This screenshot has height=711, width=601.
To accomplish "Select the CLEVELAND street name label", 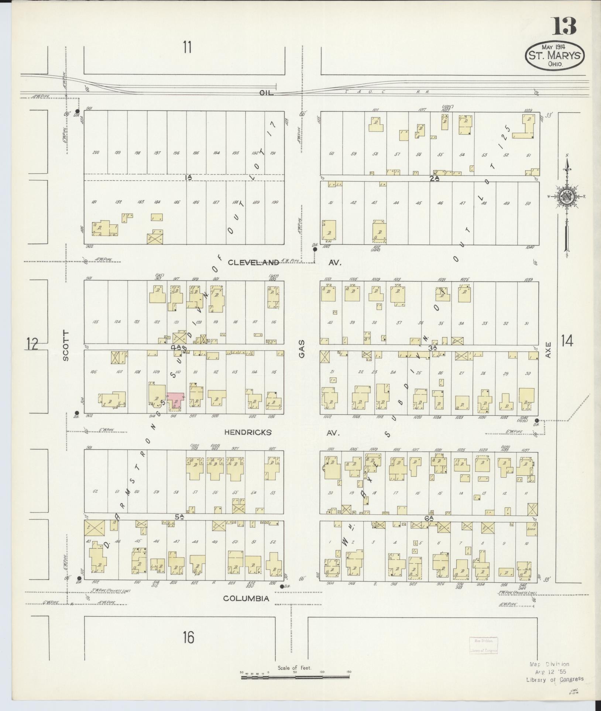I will point(253,263).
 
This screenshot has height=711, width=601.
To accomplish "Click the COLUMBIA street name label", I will point(251,598).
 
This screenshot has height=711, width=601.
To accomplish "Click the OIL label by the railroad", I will point(266,93).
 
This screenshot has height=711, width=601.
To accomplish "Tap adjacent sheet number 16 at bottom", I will point(188,637).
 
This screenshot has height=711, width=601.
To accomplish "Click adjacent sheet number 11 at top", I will point(187,48).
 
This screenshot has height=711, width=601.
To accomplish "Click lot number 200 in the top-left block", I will point(96,153).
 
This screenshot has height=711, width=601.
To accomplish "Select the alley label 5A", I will point(179,517).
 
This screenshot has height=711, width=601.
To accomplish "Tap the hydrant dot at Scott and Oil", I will point(77,111).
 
